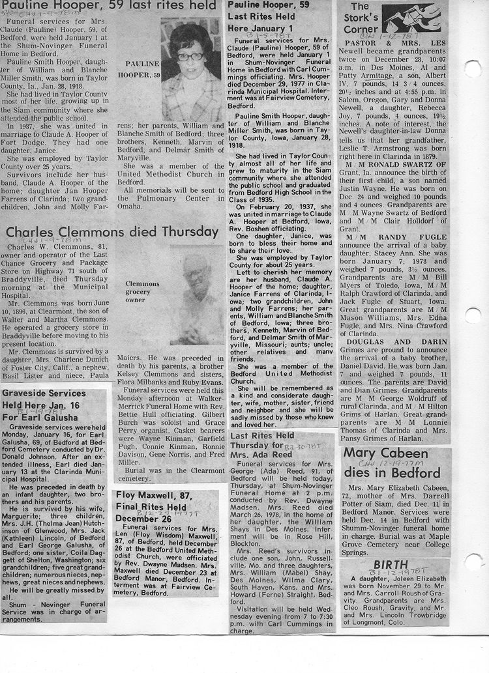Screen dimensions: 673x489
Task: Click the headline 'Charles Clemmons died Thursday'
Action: point(112,232)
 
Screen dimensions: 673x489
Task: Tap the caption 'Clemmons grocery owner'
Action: point(142,292)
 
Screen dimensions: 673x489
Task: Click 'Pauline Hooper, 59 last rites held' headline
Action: point(109,6)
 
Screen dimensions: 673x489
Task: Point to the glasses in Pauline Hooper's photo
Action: point(190,57)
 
